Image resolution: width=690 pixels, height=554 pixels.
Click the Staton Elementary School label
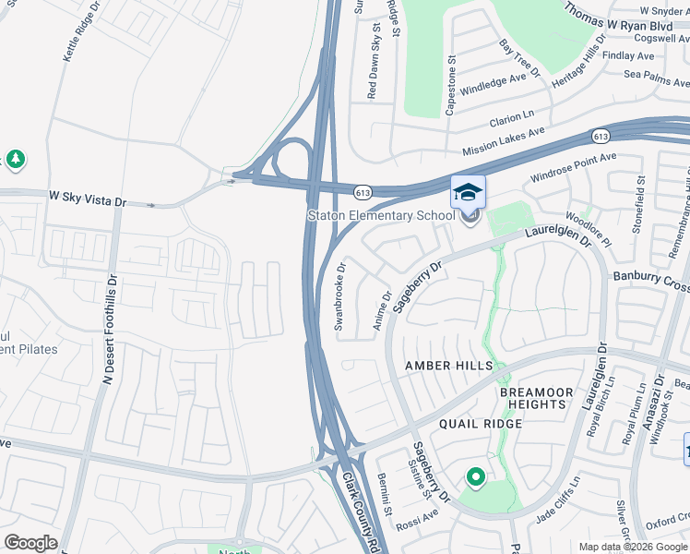pos(381,216)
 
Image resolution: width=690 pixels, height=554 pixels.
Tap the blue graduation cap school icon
pos(468,192)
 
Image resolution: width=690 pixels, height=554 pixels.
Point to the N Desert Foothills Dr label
pos(110,328)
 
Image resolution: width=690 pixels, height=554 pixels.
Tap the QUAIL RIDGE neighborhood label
pos(481,424)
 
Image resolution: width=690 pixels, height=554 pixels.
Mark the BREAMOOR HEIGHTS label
pos(532,399)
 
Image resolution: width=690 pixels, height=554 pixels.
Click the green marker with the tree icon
pos(16,160)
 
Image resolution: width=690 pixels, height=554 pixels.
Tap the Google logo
pos(30,543)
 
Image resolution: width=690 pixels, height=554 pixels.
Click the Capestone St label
pos(451,84)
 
